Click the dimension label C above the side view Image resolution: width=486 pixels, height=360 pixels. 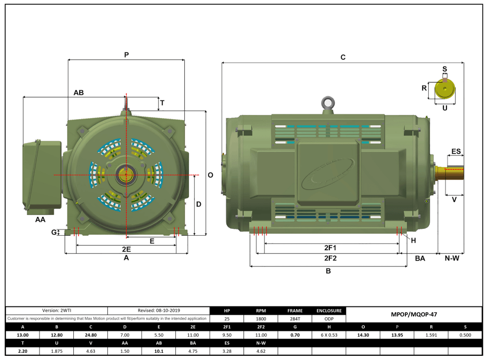343,57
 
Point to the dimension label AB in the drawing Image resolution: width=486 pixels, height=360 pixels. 79,93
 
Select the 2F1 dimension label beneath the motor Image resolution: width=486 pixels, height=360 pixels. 330,248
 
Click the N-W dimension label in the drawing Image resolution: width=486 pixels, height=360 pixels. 451,258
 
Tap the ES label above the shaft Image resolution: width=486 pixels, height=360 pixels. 456,151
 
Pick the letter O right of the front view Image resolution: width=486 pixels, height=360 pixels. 210,175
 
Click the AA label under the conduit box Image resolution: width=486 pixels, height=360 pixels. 40,220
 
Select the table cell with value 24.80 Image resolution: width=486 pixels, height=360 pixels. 91,335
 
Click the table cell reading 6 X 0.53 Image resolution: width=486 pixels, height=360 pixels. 328,335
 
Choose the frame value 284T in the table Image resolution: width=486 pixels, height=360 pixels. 295,318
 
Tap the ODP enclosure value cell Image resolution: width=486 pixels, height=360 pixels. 328,318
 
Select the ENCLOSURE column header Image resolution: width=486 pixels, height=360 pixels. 328,311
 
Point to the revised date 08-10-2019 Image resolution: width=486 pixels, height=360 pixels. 158,310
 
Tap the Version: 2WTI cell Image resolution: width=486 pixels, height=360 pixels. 57,310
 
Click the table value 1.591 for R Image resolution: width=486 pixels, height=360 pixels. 430,335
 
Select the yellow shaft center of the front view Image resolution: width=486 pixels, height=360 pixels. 125,175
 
